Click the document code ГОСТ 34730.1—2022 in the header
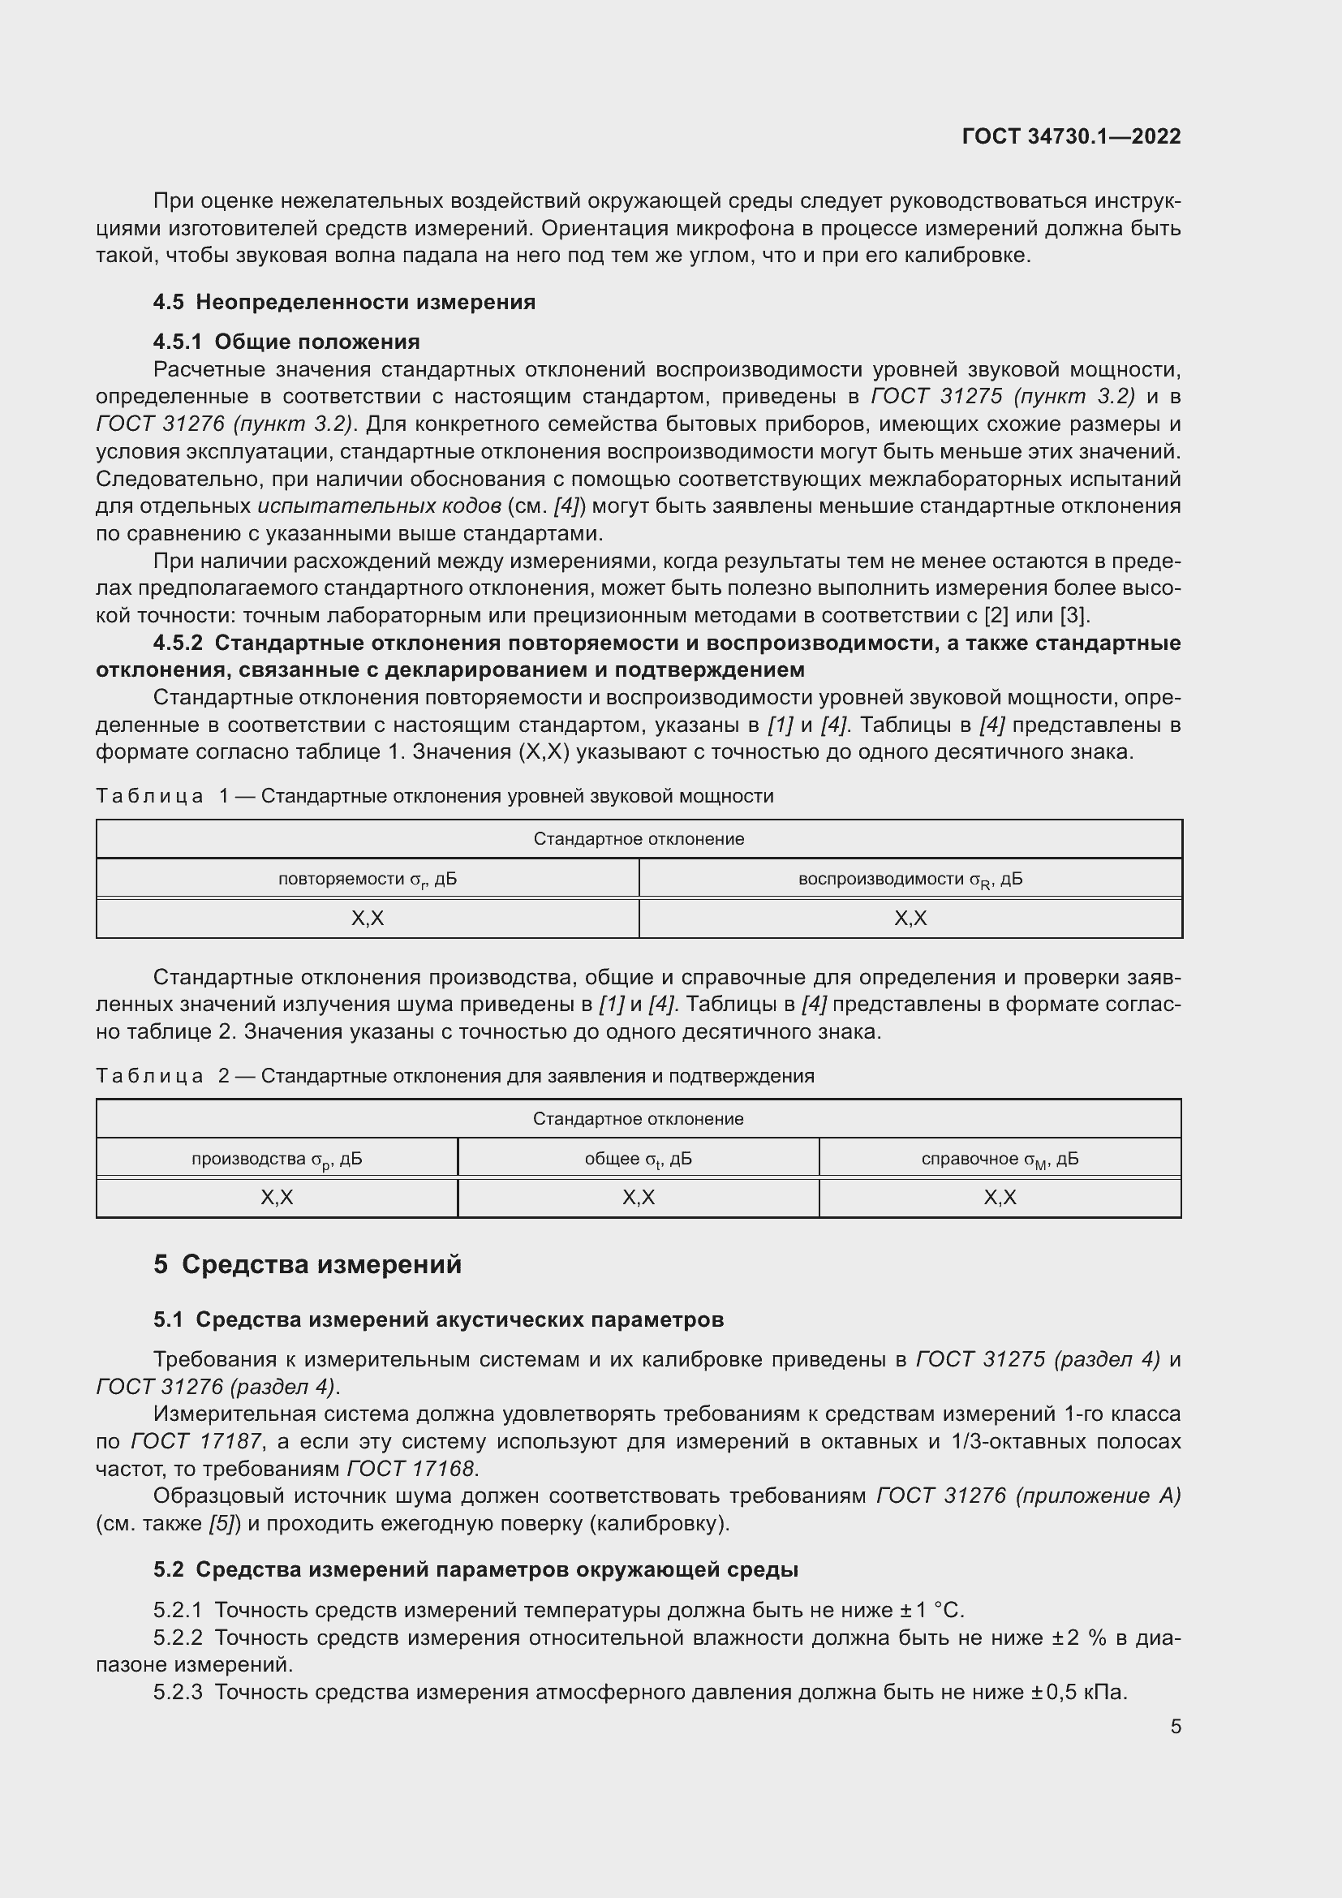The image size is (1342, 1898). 1071,136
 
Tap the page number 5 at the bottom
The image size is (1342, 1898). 1175,1726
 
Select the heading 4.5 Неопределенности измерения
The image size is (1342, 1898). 344,302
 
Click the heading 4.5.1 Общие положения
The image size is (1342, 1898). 286,342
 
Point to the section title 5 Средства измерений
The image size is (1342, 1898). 308,1264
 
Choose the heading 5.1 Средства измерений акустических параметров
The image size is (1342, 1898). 438,1319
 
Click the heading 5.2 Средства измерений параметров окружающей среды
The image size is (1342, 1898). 475,1569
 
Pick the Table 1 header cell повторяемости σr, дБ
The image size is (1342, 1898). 367,879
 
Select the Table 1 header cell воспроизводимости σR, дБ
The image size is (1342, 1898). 910,879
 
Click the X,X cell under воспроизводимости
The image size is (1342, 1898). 910,919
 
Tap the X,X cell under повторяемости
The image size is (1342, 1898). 367,919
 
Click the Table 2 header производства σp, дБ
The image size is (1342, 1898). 277,1159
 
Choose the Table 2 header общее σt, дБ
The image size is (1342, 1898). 638,1159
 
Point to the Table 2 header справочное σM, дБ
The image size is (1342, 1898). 1000,1159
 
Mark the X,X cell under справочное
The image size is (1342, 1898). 1000,1198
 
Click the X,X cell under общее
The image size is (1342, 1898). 638,1198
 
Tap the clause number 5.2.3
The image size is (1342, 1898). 178,1692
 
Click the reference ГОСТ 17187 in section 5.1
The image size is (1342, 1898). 196,1442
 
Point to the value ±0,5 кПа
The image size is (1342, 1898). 1078,1692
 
